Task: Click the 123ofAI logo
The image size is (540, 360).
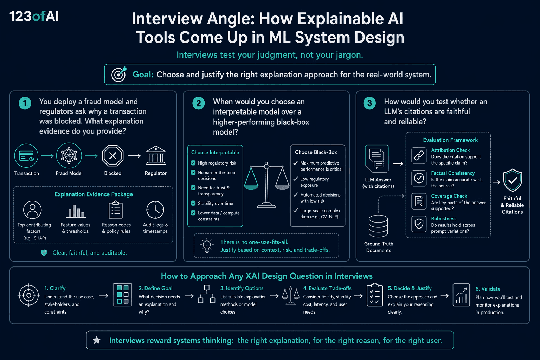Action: (34, 17)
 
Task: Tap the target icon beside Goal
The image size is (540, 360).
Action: (119, 74)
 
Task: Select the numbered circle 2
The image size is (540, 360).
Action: (198, 103)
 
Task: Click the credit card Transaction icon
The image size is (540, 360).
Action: (26, 156)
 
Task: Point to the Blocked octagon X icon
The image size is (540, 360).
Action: (112, 155)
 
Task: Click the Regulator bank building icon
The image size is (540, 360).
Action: (156, 155)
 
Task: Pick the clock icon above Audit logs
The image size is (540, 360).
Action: (155, 210)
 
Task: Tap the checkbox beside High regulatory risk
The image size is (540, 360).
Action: (193, 163)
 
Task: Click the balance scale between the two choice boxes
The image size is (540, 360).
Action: (266, 185)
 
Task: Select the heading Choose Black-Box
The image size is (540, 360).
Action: (316, 152)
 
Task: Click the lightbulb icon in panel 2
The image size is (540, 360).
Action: (207, 245)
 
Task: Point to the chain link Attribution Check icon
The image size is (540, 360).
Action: (419, 155)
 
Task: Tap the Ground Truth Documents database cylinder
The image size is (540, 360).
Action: (378, 226)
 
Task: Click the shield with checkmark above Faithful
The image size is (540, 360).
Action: (513, 180)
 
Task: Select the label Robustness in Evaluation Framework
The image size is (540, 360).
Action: (444, 218)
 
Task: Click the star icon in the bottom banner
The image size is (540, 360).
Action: (97, 340)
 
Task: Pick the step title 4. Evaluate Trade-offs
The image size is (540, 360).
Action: (327, 288)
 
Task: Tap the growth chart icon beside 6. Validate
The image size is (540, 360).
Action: (461, 295)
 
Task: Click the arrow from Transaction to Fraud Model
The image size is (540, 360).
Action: (47, 156)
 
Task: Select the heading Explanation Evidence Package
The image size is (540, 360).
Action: (94, 194)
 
